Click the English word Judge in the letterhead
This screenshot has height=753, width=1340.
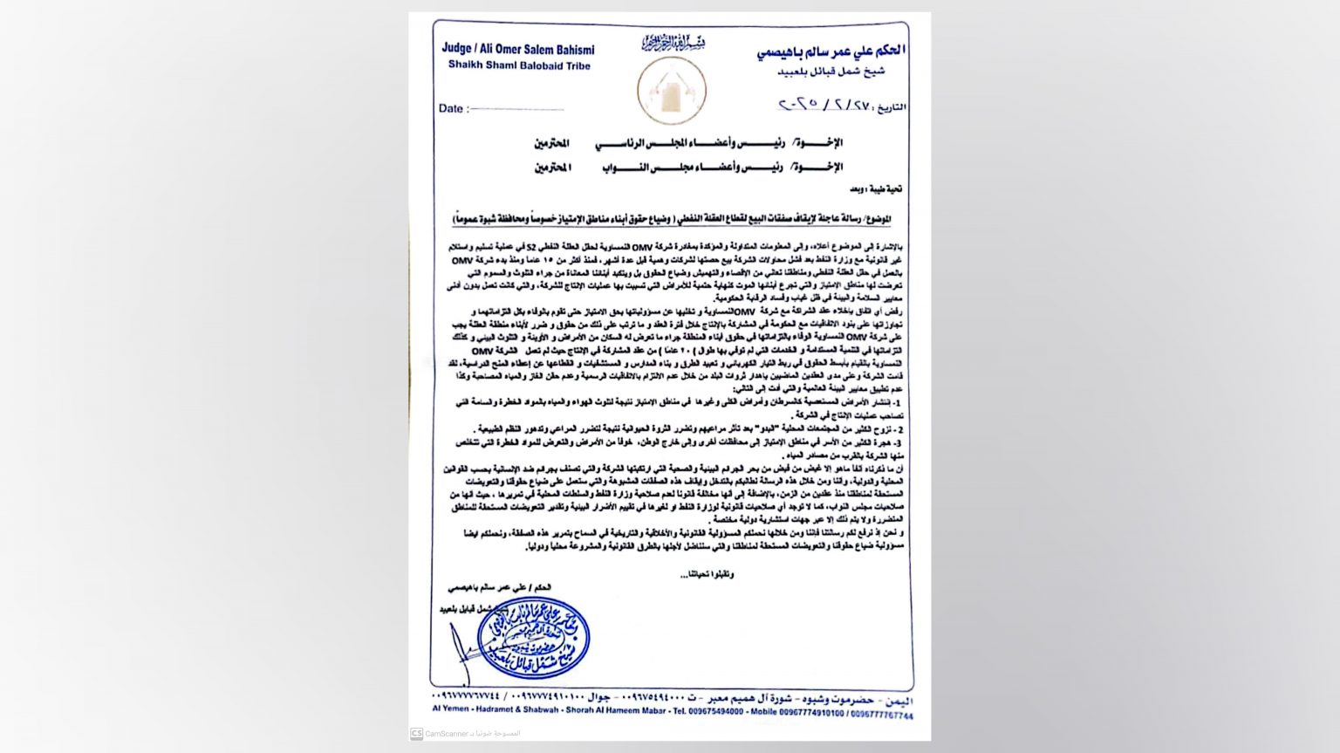(457, 48)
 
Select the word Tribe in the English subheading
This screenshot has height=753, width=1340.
(576, 65)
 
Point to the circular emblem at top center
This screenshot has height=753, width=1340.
(671, 92)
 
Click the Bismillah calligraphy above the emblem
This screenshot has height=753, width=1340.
(673, 42)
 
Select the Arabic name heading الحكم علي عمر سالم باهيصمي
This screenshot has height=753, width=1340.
(831, 52)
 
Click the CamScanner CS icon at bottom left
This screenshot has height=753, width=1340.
(417, 734)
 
